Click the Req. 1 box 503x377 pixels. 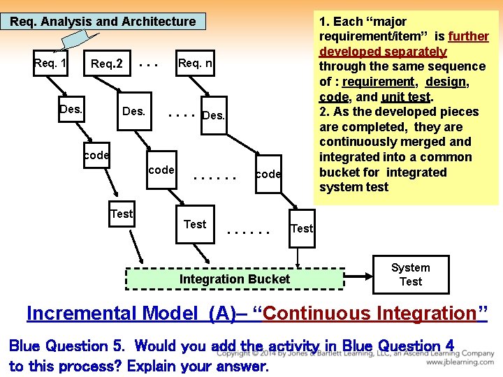pos(50,64)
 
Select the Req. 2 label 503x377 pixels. pos(106,64)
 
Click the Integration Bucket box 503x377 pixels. pos(235,279)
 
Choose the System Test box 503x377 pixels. pos(410,275)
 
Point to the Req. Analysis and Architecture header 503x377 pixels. pos(103,22)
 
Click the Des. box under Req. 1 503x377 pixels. pos(71,110)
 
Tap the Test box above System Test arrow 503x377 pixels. pos(301,228)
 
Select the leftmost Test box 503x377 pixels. pos(122,214)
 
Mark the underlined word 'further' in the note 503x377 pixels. pos(468,36)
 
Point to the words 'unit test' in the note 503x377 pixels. pos(407,97)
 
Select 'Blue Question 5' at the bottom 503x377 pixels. pos(68,346)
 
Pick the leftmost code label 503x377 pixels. pos(96,155)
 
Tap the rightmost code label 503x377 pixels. pos(268,175)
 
